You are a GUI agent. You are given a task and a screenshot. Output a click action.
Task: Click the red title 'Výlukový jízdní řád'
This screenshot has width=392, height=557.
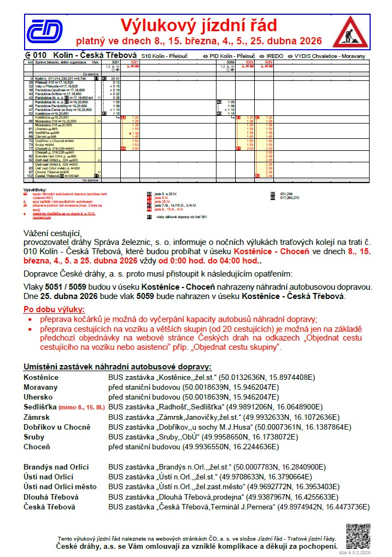coord(198,25)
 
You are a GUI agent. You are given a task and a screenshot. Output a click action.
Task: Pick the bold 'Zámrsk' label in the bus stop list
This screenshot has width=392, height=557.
coord(37,417)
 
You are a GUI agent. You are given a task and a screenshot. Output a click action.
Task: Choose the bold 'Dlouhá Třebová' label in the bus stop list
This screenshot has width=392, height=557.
coord(51,497)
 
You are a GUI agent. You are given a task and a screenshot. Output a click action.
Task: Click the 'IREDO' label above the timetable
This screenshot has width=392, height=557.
coord(274,56)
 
